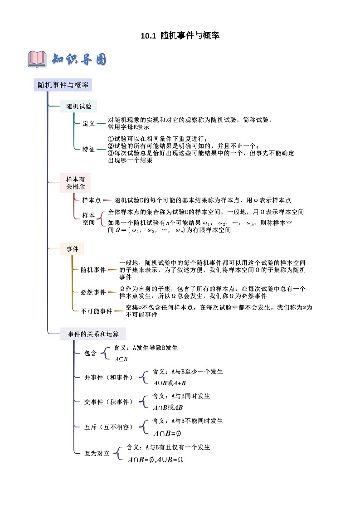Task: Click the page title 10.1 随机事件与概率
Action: [180, 35]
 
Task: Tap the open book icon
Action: [37, 59]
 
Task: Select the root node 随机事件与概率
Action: [63, 85]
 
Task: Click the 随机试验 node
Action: [78, 107]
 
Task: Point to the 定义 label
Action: [88, 123]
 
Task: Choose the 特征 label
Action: [88, 149]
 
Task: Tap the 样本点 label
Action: [92, 200]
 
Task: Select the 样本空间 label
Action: [88, 219]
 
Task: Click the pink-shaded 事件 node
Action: [73, 249]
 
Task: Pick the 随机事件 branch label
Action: [93, 270]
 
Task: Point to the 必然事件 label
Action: [93, 292]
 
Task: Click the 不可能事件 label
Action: [96, 311]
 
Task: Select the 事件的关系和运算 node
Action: [93, 334]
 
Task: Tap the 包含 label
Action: [91, 354]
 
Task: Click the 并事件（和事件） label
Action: [109, 377]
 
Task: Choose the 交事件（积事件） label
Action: [109, 402]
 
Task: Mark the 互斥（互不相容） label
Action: [109, 427]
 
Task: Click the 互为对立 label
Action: [97, 453]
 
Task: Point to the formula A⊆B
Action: [121, 359]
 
